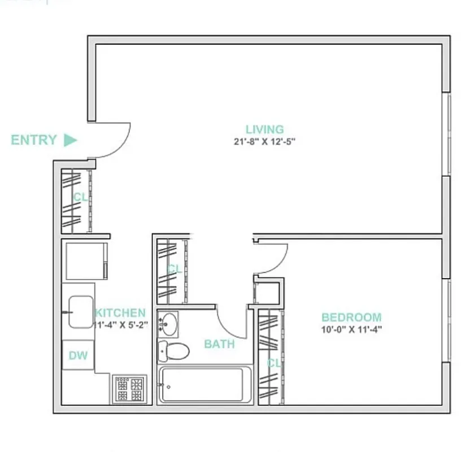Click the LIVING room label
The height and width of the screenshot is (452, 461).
point(264,129)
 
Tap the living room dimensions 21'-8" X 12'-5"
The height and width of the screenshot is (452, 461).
point(264,142)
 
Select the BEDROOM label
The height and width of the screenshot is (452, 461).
point(351,318)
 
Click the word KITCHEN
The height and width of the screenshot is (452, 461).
point(120,313)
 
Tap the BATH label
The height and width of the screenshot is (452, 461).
point(219,344)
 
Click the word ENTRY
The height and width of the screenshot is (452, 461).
point(34,140)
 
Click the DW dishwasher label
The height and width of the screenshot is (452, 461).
point(78,355)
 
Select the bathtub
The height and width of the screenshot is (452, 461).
point(205,385)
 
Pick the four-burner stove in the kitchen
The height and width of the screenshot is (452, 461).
point(129,389)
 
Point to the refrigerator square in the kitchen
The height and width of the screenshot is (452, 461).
point(86,261)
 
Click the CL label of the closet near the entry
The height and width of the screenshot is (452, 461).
point(80,197)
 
